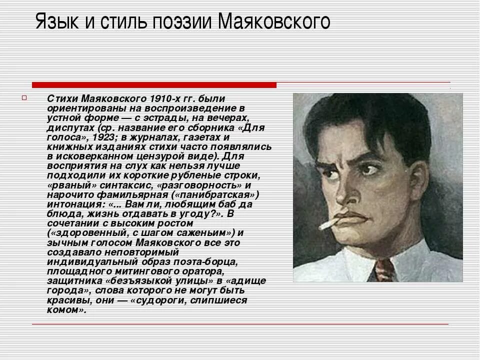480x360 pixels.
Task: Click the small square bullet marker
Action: click(38, 97)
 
